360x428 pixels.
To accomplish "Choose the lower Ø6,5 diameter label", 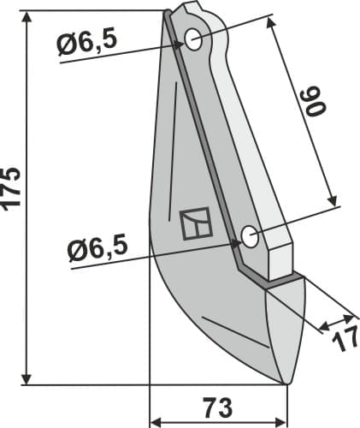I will coord(97,250).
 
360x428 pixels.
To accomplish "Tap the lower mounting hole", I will coord(250,237).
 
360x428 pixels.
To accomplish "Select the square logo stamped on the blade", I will coord(196,223).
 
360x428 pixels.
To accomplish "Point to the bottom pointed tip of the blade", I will coord(285,383).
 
